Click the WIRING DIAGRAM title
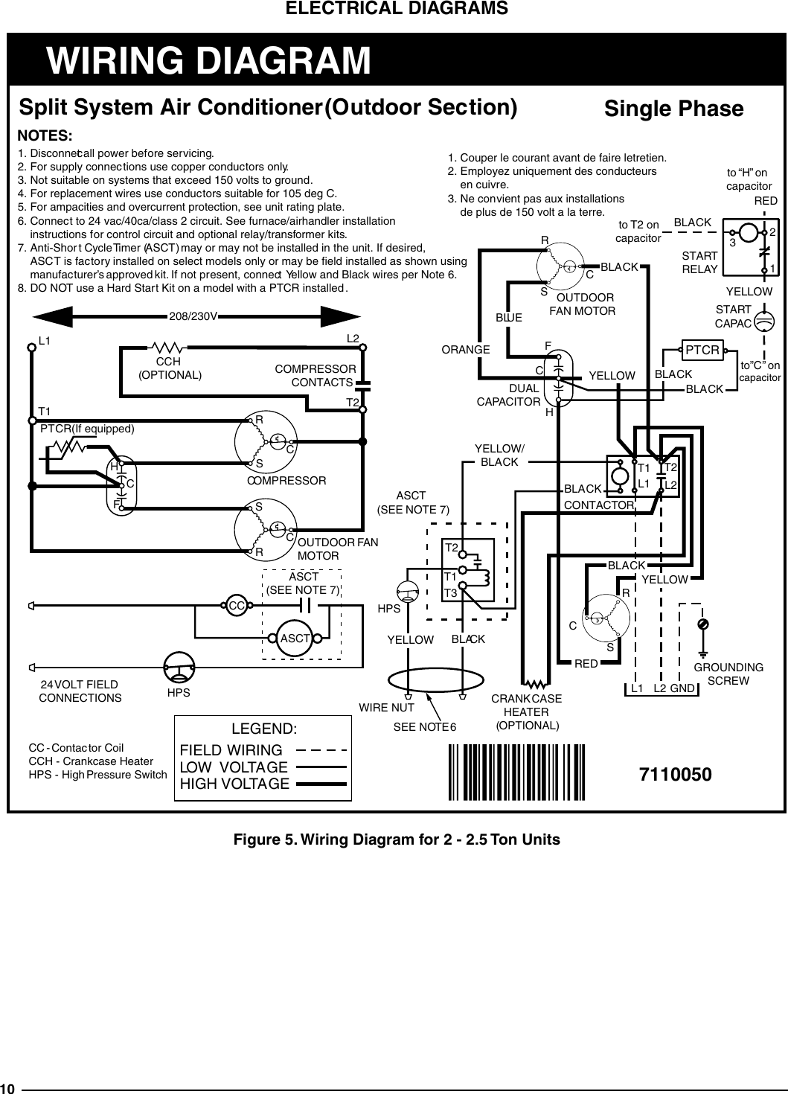point(208,60)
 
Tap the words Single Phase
point(673,109)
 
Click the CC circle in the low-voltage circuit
point(237,606)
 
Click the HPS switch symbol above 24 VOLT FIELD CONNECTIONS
point(179,667)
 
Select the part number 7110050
point(675,774)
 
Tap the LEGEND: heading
point(264,729)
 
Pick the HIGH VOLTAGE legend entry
point(234,784)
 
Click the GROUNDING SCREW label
point(728,674)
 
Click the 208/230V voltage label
point(193,316)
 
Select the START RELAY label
point(699,263)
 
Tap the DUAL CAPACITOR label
point(508,395)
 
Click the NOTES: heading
point(45,136)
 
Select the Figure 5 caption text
point(397,839)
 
